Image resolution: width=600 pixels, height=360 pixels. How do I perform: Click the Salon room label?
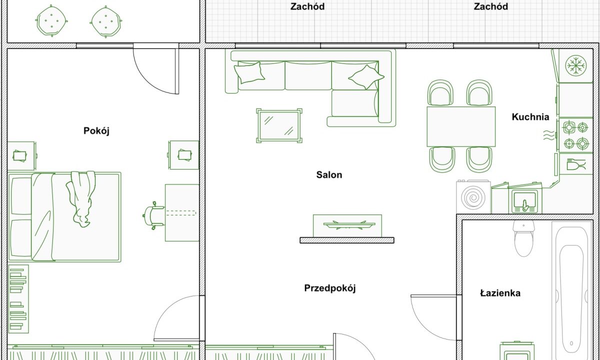click(x=329, y=175)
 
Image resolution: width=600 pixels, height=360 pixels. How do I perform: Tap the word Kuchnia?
click(x=530, y=117)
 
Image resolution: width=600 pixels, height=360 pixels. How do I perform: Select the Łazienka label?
click(x=500, y=293)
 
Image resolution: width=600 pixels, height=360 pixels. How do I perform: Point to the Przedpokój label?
click(x=329, y=288)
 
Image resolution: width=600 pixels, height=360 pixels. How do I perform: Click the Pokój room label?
click(x=96, y=131)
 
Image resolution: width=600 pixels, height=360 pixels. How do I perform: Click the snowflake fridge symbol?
click(x=576, y=65)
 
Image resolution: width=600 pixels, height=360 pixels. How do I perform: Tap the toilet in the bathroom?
click(x=523, y=238)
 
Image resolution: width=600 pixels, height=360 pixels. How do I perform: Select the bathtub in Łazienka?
click(x=572, y=290)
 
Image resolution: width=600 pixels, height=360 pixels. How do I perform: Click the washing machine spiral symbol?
click(x=473, y=198)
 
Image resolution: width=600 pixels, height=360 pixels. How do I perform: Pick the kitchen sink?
click(x=524, y=201)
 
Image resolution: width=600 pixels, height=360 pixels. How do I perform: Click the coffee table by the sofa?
click(x=279, y=125)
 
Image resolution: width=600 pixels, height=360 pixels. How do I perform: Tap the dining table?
click(x=461, y=126)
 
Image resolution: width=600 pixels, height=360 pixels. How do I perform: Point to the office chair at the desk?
click(x=154, y=215)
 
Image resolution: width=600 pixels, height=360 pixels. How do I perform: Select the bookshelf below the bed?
click(x=18, y=299)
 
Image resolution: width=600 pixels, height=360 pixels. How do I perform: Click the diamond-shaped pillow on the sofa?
click(x=366, y=77)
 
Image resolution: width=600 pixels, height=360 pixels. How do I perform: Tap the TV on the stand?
click(x=349, y=224)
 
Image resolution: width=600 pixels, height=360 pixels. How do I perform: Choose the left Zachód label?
click(x=307, y=6)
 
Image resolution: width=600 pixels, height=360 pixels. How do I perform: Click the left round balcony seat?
click(x=51, y=20)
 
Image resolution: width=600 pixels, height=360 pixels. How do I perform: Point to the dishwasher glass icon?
click(x=576, y=164)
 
